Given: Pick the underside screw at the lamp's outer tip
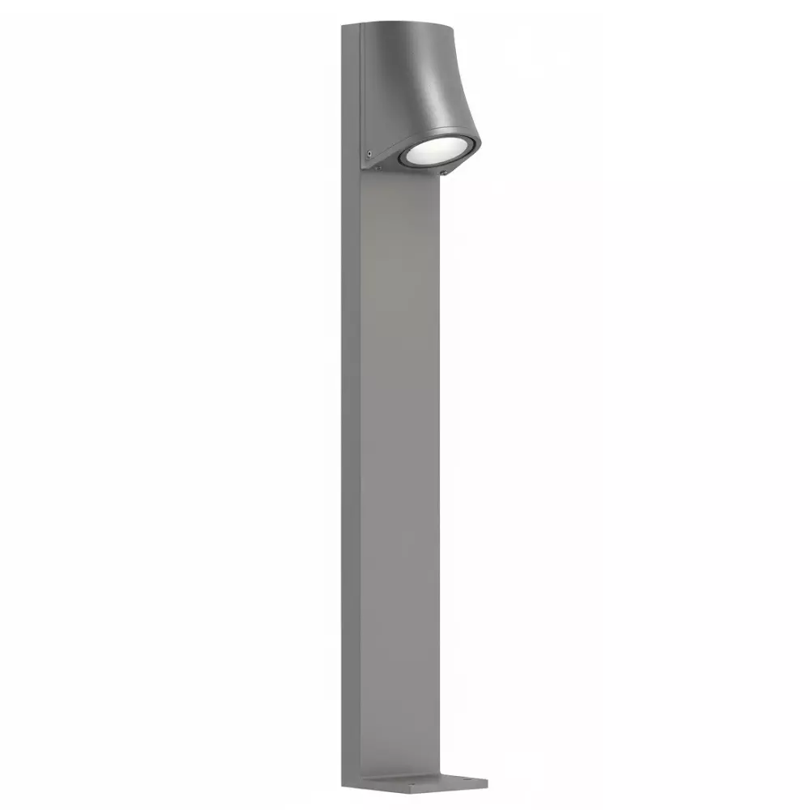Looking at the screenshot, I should pyautogui.click(x=444, y=172).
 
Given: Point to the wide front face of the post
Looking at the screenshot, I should pyautogui.click(x=401, y=486).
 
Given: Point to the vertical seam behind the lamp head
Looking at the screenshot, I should pyautogui.click(x=360, y=89).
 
